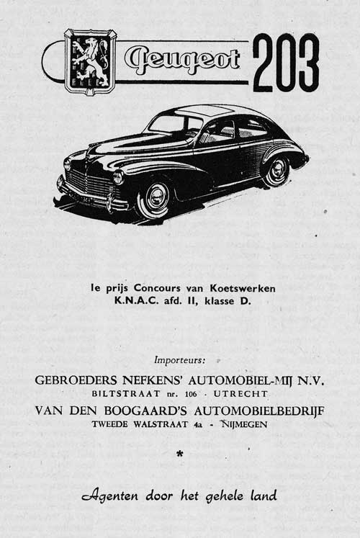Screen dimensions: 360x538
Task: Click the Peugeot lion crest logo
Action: click(x=90, y=61)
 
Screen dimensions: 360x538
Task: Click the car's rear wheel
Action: click(x=277, y=171)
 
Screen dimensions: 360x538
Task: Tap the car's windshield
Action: click(x=171, y=124)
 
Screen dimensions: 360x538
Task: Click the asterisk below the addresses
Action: click(x=179, y=454)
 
